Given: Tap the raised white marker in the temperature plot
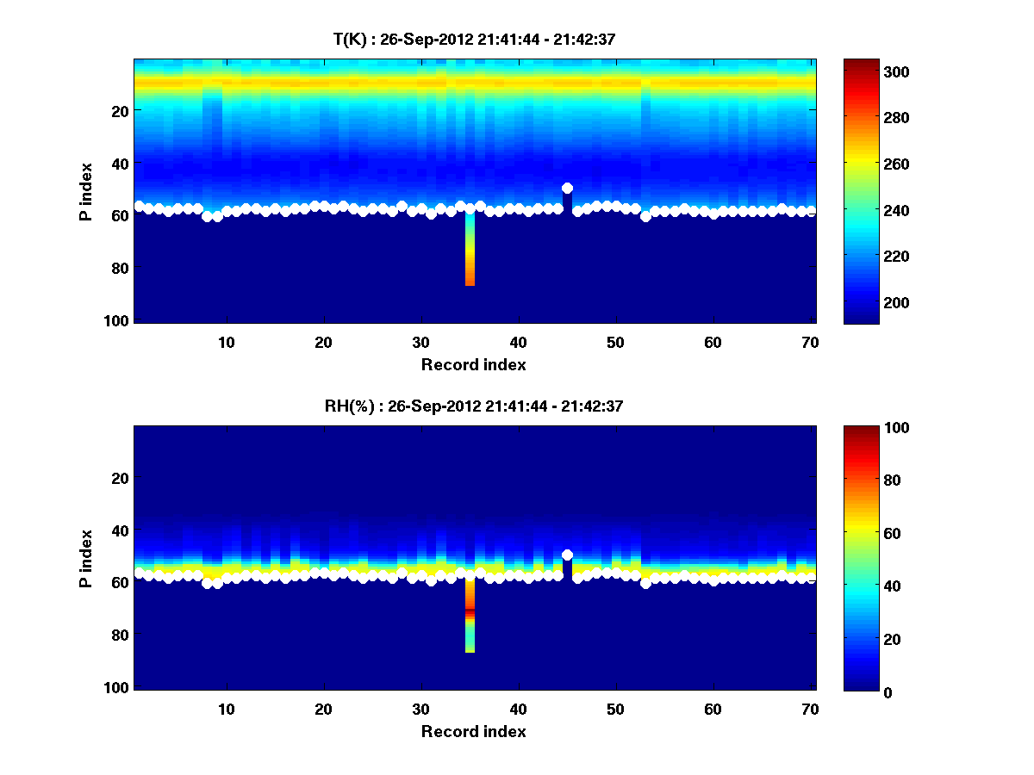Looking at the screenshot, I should click(x=567, y=188).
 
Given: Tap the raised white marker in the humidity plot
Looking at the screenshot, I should click(x=567, y=555).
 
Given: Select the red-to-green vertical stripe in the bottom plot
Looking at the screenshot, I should click(x=470, y=616).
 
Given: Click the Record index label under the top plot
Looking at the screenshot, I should click(x=474, y=364).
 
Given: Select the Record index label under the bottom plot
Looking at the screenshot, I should click(x=474, y=731).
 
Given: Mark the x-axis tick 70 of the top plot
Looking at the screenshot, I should click(x=811, y=342).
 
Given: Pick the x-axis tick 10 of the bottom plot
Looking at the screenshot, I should click(x=227, y=709).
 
